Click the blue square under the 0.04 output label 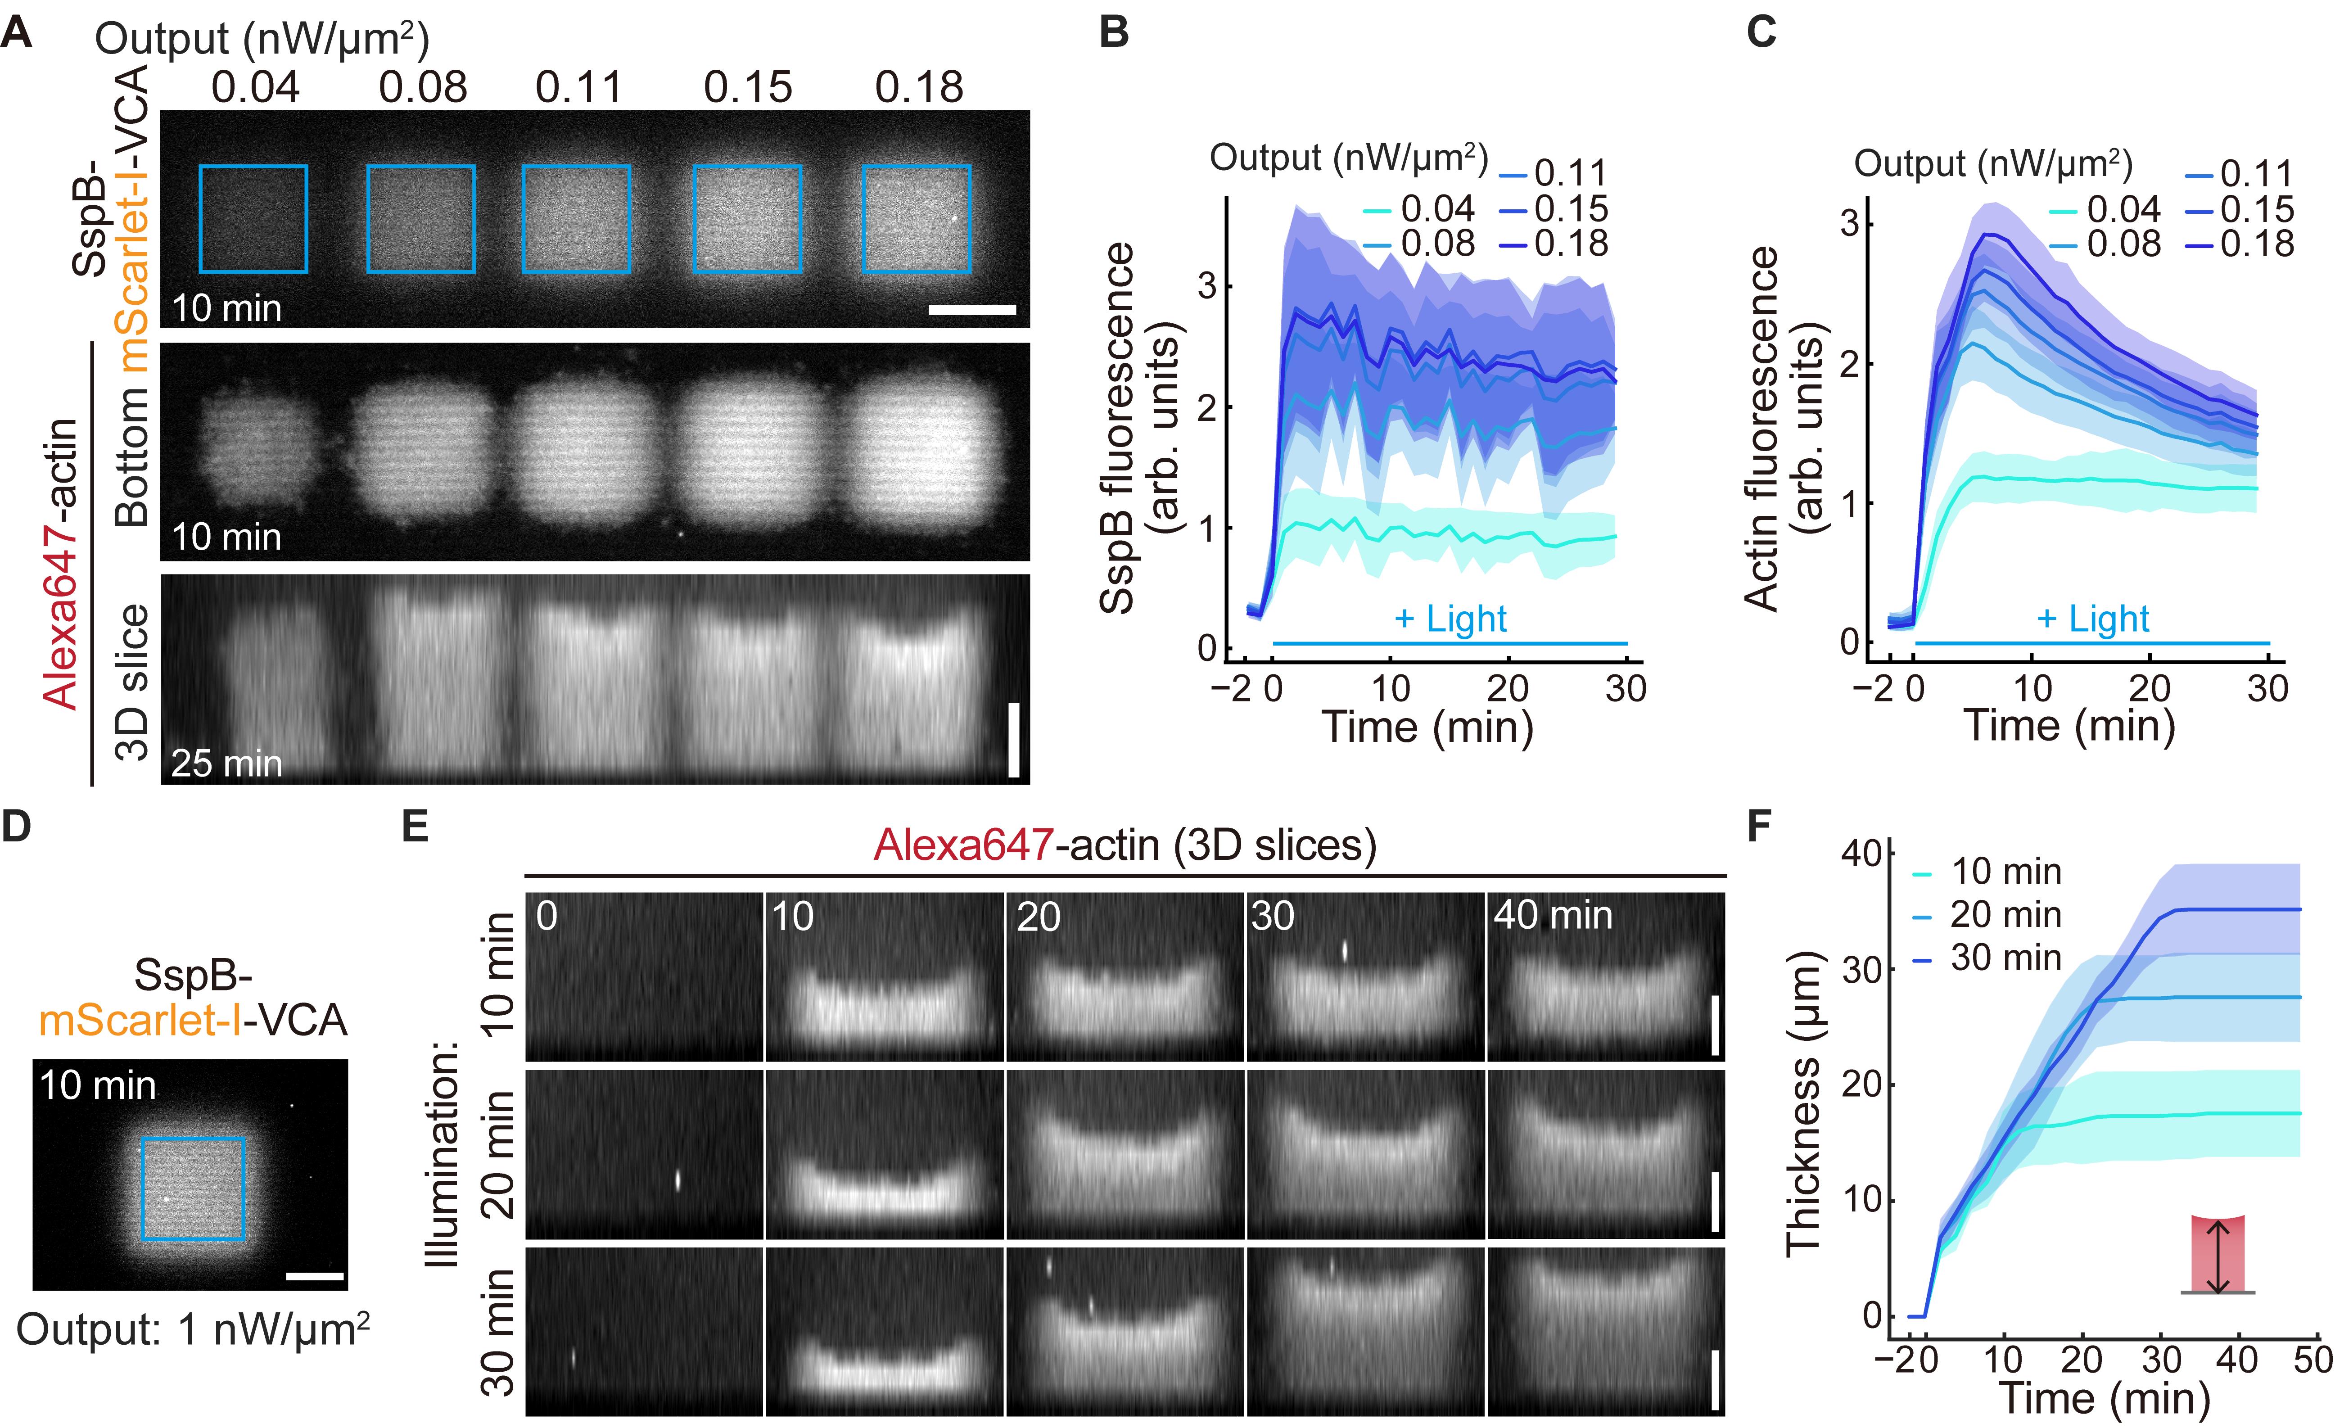click(x=253, y=219)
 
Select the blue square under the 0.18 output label click(x=917, y=219)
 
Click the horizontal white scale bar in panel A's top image click(x=972, y=309)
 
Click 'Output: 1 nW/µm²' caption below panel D click(x=192, y=1329)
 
